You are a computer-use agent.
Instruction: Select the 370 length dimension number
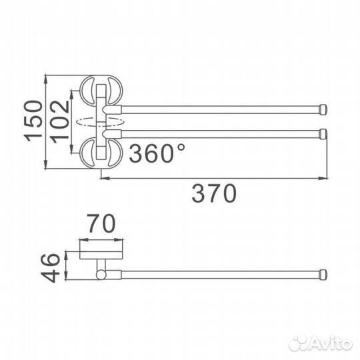click(x=214, y=194)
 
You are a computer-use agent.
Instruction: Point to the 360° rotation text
click(x=157, y=155)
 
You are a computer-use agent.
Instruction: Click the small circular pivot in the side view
click(x=100, y=274)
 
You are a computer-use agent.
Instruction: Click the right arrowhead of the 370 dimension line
click(x=327, y=178)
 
